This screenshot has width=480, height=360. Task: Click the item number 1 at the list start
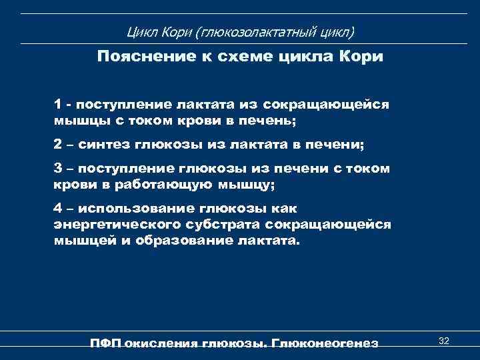click(x=59, y=106)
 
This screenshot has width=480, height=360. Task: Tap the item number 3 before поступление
click(x=59, y=169)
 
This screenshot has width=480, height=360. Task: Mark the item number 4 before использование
click(x=59, y=209)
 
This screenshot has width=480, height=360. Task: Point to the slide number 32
click(x=443, y=341)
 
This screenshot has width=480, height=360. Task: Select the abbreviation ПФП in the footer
click(x=105, y=343)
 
